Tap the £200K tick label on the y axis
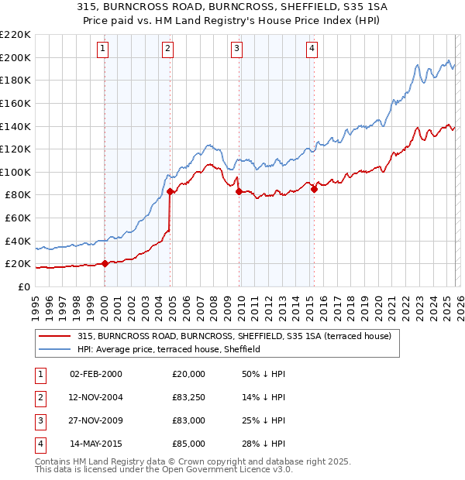(x=16, y=57)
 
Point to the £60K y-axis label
(x=19, y=218)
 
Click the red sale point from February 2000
(x=105, y=263)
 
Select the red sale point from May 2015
(x=314, y=189)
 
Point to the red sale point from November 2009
(x=239, y=191)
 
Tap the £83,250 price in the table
(x=189, y=397)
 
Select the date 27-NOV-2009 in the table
(x=96, y=420)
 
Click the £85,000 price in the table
(x=189, y=444)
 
